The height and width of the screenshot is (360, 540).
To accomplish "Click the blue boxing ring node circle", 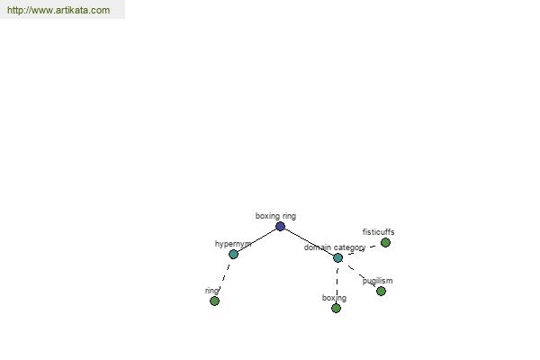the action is (280, 226).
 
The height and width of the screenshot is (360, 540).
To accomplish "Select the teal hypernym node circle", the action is (233, 254).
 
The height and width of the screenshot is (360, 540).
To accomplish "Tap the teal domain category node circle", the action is (337, 257).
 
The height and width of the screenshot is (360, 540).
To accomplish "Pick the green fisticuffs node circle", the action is (385, 242).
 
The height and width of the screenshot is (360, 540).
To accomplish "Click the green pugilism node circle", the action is (381, 291).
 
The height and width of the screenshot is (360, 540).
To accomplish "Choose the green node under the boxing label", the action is (336, 308).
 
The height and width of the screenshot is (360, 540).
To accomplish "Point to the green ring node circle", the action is (214, 301).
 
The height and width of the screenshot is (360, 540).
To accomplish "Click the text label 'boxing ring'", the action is (275, 216).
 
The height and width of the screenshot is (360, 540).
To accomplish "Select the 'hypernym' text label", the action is (233, 244).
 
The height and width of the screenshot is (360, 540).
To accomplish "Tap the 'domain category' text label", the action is (335, 247).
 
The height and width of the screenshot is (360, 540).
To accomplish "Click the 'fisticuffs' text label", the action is (379, 232).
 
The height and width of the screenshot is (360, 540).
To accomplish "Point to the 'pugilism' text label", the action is (377, 281).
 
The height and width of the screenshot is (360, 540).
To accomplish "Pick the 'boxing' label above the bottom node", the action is (334, 298).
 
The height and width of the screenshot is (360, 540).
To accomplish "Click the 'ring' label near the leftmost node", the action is (211, 291).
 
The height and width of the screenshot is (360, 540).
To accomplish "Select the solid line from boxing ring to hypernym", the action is (256, 240).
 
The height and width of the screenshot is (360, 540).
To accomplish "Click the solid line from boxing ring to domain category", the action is (309, 242).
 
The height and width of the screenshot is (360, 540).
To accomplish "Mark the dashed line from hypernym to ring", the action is (224, 278).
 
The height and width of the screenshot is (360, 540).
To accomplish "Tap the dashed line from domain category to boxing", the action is (337, 283).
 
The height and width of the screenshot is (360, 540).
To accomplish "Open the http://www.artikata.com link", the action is (58, 10).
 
